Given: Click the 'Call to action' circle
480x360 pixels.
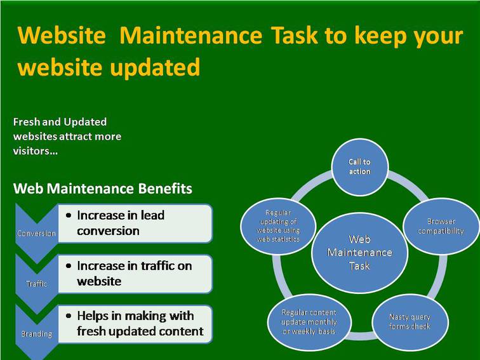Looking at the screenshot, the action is (360, 167).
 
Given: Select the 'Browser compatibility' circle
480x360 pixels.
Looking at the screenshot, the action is (441, 226).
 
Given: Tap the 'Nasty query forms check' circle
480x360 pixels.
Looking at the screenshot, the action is (410, 322).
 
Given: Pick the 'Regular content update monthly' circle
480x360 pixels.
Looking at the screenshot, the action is (309, 322).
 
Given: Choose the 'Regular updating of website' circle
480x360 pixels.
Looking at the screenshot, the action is (278, 226).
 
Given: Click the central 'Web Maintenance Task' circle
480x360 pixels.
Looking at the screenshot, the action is (360, 253).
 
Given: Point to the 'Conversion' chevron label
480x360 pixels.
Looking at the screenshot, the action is (36, 233).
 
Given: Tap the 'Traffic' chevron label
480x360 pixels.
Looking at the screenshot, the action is (36, 284).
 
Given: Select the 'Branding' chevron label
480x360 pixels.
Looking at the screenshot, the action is (36, 334).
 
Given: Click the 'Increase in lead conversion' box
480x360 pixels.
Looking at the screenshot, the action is (135, 223).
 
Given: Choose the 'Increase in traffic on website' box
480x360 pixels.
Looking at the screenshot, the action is (135, 274).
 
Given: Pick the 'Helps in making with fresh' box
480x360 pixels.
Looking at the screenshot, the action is (135, 324).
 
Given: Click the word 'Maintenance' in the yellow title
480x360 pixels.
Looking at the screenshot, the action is (190, 35).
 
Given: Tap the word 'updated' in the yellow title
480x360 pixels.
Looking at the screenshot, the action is (155, 67).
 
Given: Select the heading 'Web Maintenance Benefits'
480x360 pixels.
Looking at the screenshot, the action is (103, 189).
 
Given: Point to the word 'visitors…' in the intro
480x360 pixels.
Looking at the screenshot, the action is (36, 151).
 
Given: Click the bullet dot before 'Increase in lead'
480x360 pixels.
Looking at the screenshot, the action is (69, 215).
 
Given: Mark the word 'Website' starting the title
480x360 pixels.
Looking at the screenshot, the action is (62, 35).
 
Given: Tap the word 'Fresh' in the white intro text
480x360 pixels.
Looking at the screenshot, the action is (27, 122).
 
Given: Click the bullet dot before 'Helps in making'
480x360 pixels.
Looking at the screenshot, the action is (69, 316).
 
